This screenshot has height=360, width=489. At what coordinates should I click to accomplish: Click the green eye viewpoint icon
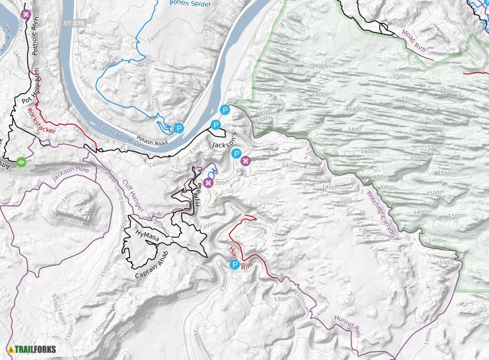[21, 162]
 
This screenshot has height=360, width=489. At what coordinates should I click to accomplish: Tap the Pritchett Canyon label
[381, 213]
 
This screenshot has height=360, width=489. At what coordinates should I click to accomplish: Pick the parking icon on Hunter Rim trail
[234, 265]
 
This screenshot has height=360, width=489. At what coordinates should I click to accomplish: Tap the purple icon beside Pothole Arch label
[25, 14]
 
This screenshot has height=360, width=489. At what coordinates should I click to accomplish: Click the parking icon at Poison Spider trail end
[179, 129]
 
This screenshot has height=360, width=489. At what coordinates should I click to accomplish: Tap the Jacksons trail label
[225, 143]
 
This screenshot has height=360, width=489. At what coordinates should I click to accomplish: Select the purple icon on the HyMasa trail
[208, 183]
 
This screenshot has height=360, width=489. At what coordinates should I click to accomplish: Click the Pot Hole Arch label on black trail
[30, 92]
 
